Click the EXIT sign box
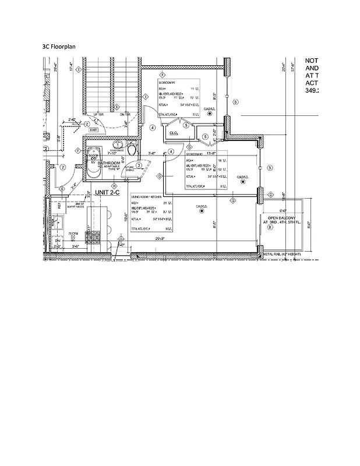click(x=94, y=130)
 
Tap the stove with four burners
click(x=93, y=236)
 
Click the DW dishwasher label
click(x=58, y=240)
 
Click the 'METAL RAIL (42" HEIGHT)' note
click(x=282, y=255)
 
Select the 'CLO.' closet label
click(x=173, y=133)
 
